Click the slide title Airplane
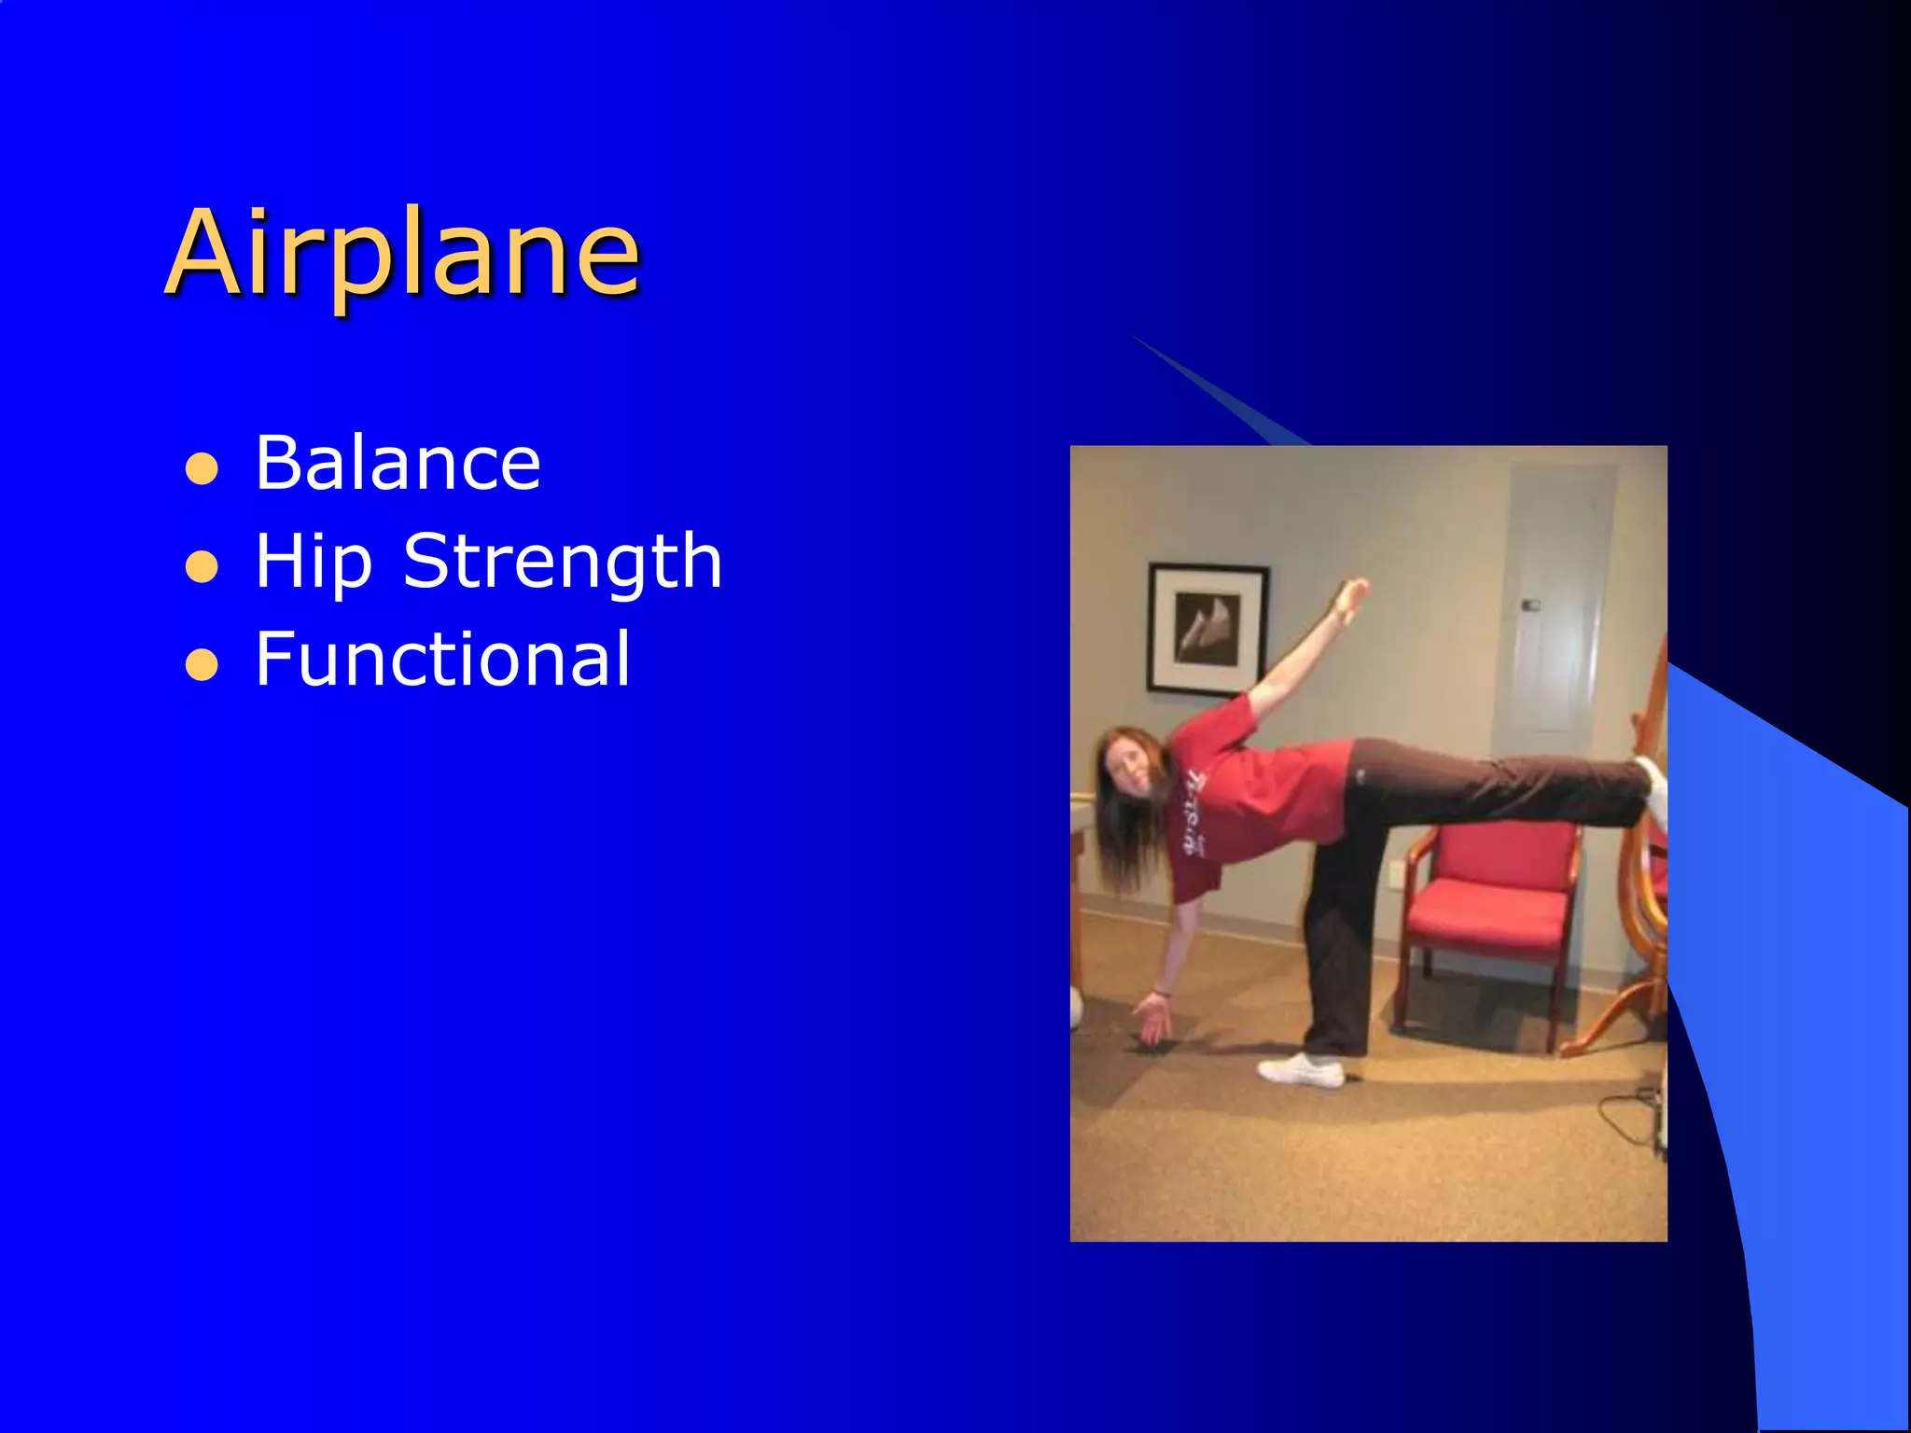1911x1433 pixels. [x=403, y=254]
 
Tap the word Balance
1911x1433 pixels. [x=398, y=464]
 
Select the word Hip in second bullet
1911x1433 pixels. [x=314, y=563]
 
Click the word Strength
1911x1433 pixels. [x=562, y=563]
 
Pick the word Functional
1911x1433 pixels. [x=442, y=660]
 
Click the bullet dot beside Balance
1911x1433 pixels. [x=202, y=470]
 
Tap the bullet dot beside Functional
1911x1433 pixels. [x=202, y=666]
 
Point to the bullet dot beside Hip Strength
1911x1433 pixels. [x=202, y=567]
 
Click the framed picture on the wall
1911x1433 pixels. [x=1207, y=629]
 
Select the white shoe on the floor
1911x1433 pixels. [x=1301, y=1069]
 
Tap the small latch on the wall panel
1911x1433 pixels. [x=1530, y=605]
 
